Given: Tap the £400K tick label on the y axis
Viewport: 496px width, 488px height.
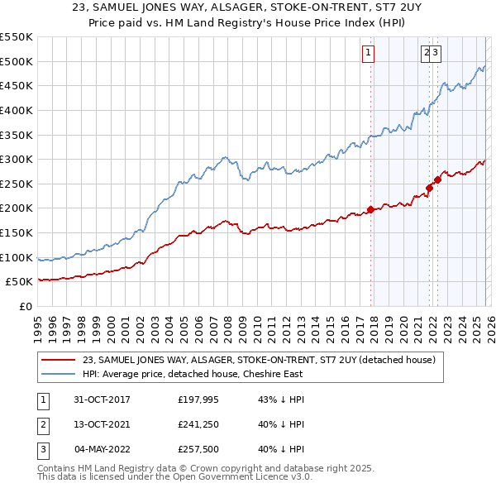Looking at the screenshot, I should pos(17,110).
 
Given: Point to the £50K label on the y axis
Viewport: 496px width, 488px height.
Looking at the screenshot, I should pos(20,282).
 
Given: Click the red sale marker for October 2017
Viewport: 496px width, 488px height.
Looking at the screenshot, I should pos(370,209).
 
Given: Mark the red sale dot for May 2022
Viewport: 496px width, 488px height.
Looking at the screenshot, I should pos(436,180).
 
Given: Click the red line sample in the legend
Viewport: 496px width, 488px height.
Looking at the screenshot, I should pos(59,359).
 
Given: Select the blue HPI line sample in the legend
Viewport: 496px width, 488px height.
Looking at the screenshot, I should pos(59,373).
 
